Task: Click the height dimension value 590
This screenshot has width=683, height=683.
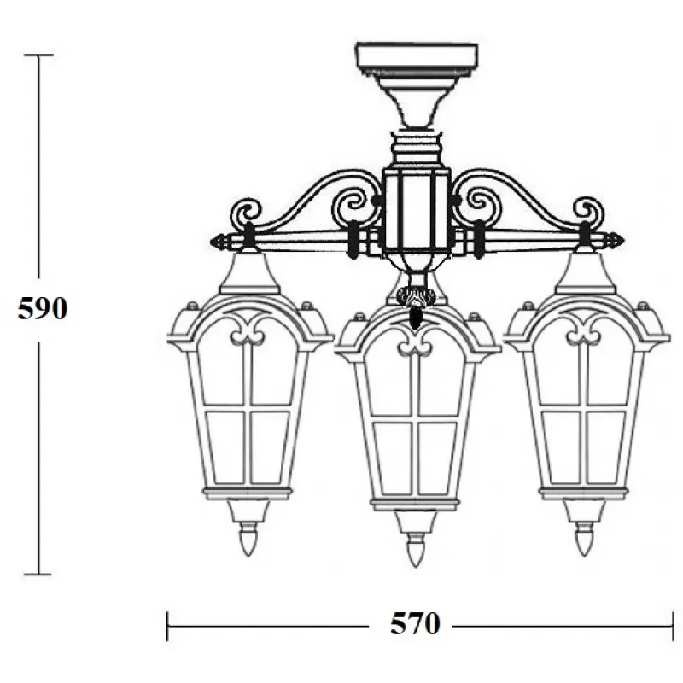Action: tap(43, 309)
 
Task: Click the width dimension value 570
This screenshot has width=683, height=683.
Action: tap(415, 624)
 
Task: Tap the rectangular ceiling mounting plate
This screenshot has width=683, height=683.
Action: tap(417, 56)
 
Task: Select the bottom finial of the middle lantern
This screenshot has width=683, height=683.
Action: tap(415, 550)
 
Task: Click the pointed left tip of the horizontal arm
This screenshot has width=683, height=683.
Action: tap(211, 242)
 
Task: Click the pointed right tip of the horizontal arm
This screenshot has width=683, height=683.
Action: tap(623, 241)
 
